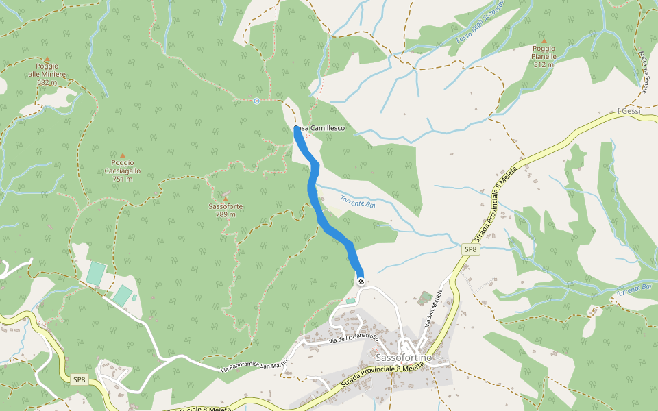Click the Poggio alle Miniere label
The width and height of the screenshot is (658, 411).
click(x=47, y=74)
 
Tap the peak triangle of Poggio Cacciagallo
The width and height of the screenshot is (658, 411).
click(x=123, y=155)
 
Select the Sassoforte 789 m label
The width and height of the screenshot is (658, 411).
click(x=226, y=210)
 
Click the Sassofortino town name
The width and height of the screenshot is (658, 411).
click(x=404, y=358)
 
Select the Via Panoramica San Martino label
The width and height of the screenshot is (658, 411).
click(x=254, y=365)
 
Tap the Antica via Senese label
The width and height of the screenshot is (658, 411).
click(x=644, y=65)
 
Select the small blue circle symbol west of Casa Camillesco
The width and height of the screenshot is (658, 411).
click(x=256, y=101)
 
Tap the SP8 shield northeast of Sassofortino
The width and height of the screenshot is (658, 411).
click(x=470, y=250)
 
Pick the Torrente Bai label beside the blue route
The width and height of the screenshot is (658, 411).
click(x=358, y=201)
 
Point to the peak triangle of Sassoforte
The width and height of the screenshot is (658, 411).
click(x=226, y=199)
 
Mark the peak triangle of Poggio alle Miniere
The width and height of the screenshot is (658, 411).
click(x=47, y=60)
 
